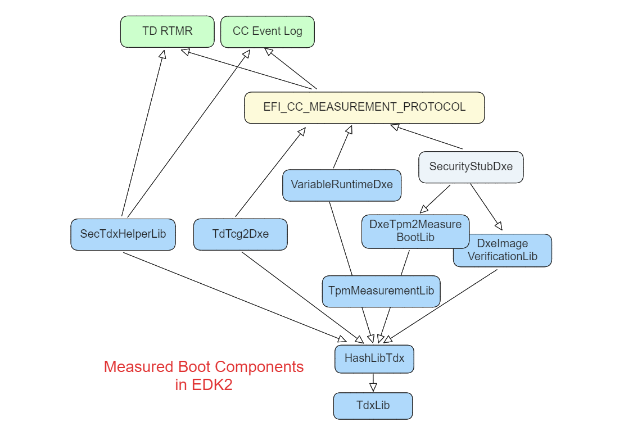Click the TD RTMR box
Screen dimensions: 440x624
pyautogui.click(x=167, y=31)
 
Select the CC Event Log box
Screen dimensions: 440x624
pyautogui.click(x=267, y=31)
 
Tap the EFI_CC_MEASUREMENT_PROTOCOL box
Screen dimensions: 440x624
pyautogui.click(x=364, y=107)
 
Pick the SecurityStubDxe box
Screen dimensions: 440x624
pyautogui.click(x=471, y=167)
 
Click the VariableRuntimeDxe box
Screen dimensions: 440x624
pyautogui.click(x=341, y=185)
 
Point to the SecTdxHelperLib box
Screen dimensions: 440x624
pyautogui.click(x=123, y=234)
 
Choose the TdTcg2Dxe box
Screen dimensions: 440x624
pyautogui.click(x=240, y=234)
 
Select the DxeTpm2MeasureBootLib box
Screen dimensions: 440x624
pyautogui.click(x=415, y=231)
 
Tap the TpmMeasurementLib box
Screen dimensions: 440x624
pyautogui.click(x=381, y=291)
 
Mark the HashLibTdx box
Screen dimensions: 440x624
pyautogui.click(x=374, y=359)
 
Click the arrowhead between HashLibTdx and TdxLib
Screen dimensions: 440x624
pyautogui.click(x=373, y=387)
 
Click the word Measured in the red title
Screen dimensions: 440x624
pyautogui.click(x=139, y=367)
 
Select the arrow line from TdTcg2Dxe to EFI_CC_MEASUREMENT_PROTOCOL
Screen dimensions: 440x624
pyautogui.click(x=270, y=172)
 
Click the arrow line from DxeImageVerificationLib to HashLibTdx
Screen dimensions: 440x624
pyautogui.click(x=444, y=303)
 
